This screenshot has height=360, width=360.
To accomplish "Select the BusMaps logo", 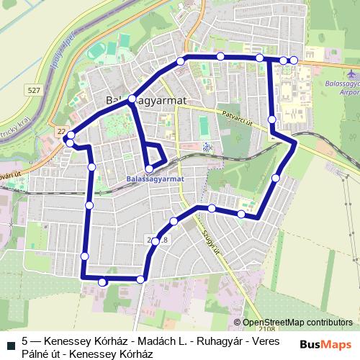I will point(325,344).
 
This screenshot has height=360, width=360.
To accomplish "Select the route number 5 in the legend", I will point(24,341).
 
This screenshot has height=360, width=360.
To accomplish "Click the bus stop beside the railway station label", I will point(149,169).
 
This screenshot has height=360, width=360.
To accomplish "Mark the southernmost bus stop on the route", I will point(102,282).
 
